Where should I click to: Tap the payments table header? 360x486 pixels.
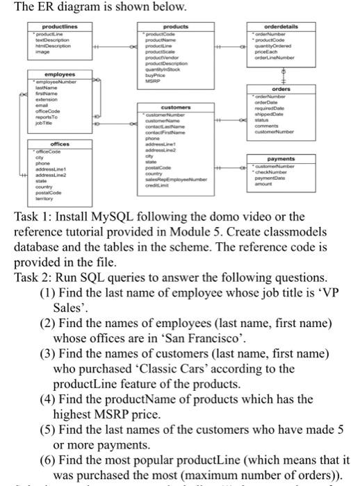click(281, 158)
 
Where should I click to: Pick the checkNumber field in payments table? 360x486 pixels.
click(273, 171)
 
